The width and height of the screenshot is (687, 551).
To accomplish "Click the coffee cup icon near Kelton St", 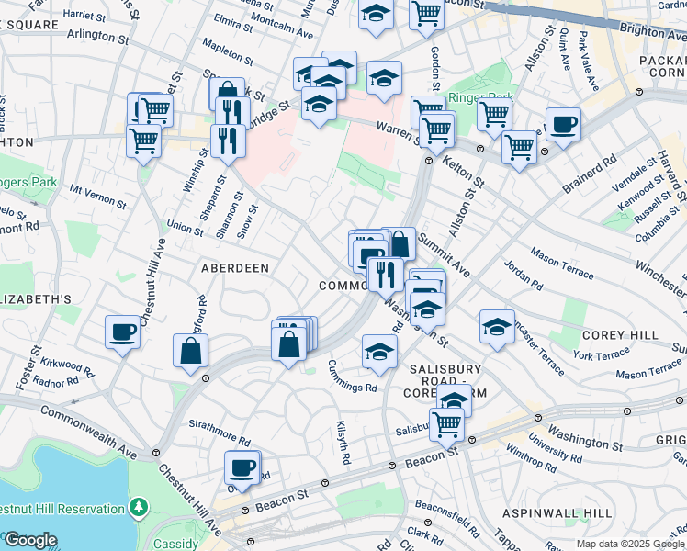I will (x=562, y=124).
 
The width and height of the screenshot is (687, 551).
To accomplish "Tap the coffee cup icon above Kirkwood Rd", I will (x=122, y=332).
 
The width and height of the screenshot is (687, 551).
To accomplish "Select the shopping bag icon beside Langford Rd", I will (x=190, y=350).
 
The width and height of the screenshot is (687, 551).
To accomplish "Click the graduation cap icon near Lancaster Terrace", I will (x=496, y=327).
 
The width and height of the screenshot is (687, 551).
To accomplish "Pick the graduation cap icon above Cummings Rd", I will (x=378, y=351).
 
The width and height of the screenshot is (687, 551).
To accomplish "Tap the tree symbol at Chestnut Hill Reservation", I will (x=138, y=506).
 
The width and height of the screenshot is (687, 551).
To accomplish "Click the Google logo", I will (x=29, y=540).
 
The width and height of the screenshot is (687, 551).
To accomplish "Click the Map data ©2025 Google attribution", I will (x=630, y=544).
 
